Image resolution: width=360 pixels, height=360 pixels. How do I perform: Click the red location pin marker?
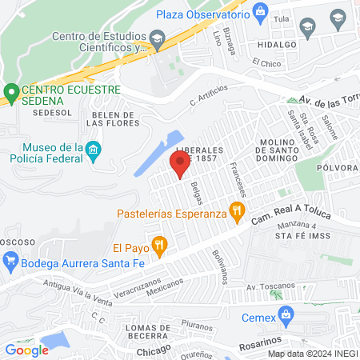point(179,165)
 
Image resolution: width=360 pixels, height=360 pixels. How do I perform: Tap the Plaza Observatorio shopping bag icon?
point(260,12)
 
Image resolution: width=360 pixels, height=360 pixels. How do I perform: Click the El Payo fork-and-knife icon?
point(159,247)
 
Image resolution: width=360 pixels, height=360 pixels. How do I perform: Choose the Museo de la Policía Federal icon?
point(94,150)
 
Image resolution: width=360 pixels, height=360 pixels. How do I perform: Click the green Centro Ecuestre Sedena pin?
point(11,94)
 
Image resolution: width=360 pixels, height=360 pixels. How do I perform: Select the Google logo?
point(26,350)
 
